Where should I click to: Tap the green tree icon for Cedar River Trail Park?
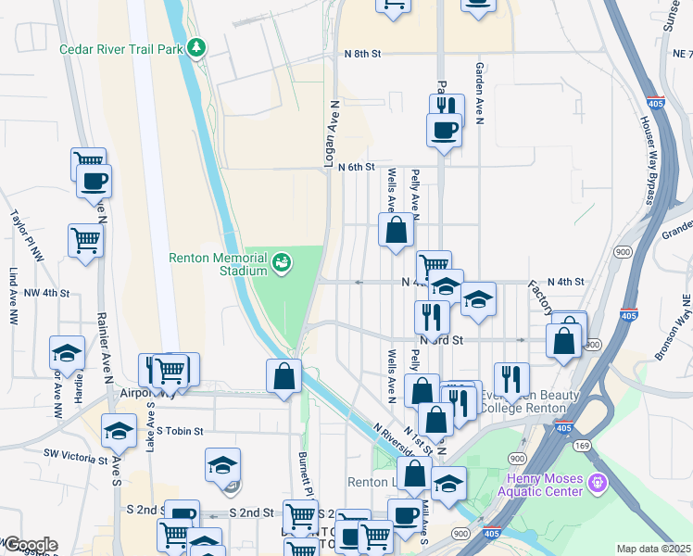coord(195,46)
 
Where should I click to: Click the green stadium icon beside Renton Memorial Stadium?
coord(282,263)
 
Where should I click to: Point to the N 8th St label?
coord(361,55)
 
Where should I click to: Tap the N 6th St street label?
coord(356,168)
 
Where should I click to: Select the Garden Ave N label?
coord(480,93)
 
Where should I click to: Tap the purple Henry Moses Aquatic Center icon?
coord(598,483)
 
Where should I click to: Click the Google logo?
coord(30,545)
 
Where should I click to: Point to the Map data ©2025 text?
coord(653,549)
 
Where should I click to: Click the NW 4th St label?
coord(47,293)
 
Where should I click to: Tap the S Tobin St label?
coord(179,431)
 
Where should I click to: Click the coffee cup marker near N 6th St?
coord(443,129)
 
